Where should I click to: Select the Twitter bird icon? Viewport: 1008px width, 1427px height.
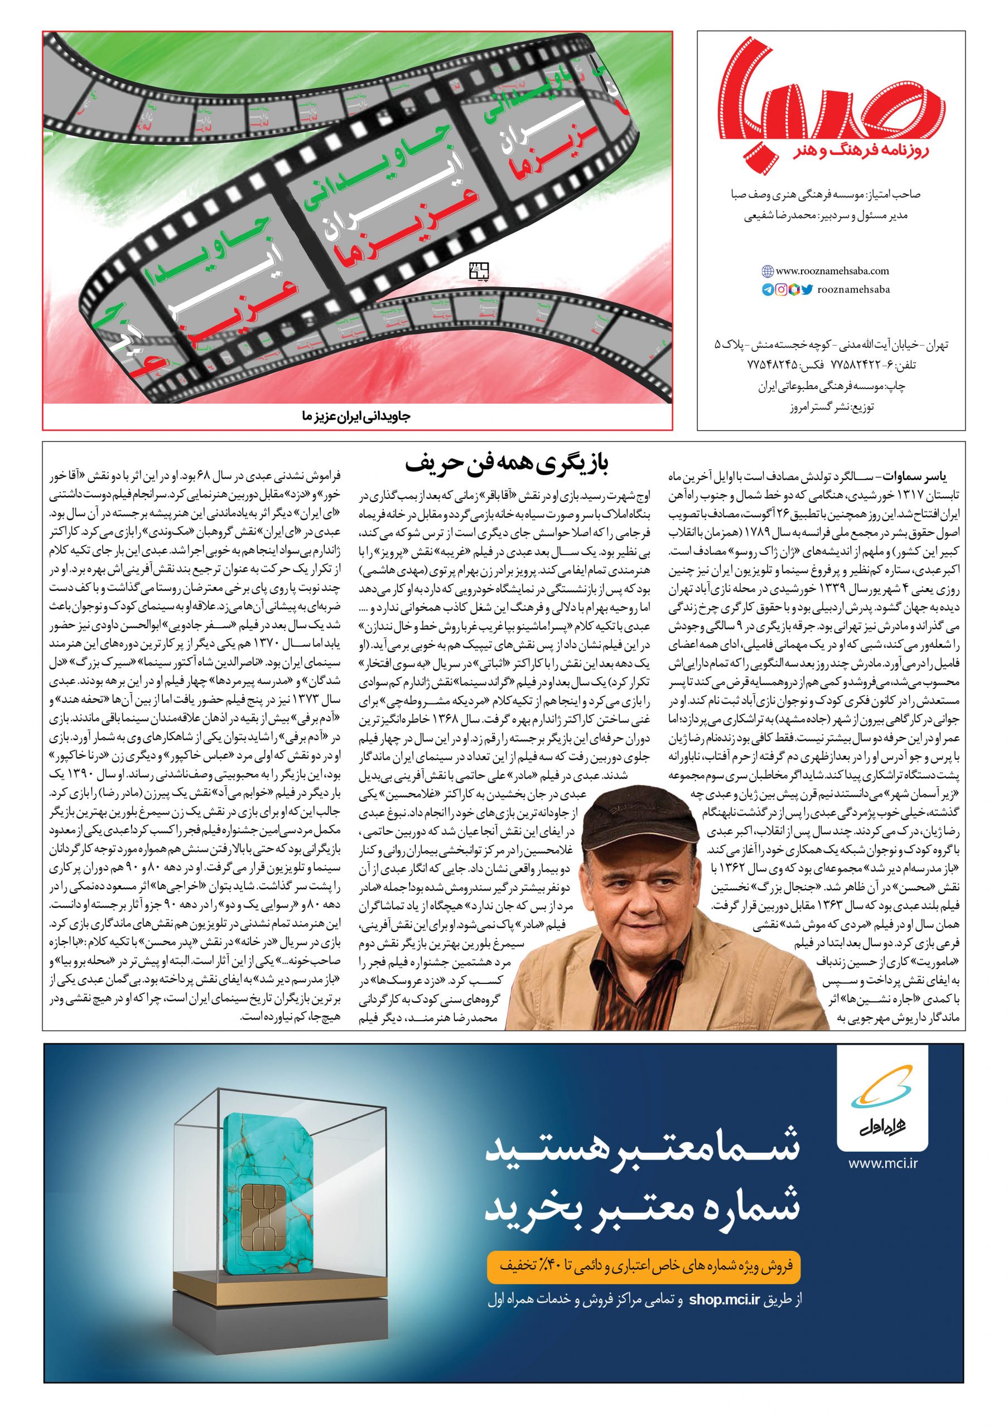pyautogui.click(x=807, y=289)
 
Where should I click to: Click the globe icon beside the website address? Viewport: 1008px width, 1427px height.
pyautogui.click(x=766, y=271)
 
